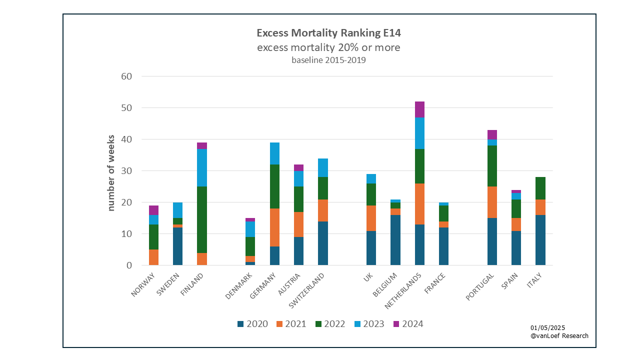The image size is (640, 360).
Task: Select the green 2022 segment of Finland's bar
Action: pos(201,219)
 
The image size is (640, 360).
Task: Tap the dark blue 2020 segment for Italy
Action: pos(540,240)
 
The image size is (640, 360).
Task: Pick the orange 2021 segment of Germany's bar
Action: pos(274,227)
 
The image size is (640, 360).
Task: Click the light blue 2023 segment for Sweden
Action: pos(177,210)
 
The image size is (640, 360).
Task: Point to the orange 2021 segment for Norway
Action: pos(153,257)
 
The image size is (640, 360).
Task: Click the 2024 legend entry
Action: pos(407,324)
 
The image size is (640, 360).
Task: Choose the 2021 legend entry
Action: pos(290,324)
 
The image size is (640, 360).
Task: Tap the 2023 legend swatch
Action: pos(358,324)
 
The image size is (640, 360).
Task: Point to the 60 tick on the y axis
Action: pos(125,76)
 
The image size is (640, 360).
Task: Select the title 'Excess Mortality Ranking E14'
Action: pos(328,33)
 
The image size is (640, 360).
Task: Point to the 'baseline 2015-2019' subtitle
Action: pos(328,60)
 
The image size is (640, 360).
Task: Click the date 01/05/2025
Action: pos(548,327)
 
